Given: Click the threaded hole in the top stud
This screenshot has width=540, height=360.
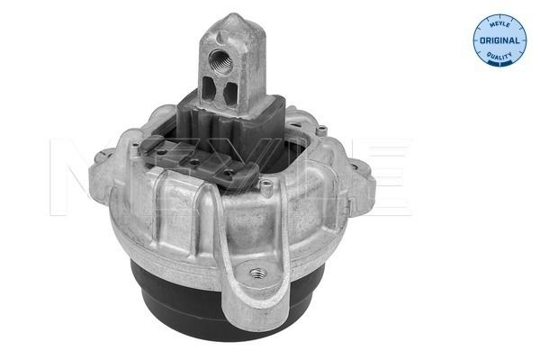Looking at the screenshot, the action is [x=220, y=59].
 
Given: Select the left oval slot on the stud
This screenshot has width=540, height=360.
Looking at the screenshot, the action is [x=209, y=88].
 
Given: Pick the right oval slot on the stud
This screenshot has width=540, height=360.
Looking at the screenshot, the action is [x=229, y=93].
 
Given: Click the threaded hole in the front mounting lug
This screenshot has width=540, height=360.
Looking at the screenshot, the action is [x=258, y=274].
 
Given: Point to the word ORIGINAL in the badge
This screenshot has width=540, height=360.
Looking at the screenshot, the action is [x=499, y=40].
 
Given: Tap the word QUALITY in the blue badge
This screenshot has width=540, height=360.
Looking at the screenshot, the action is [x=499, y=56].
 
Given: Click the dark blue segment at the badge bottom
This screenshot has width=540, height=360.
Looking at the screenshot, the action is [x=499, y=63].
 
